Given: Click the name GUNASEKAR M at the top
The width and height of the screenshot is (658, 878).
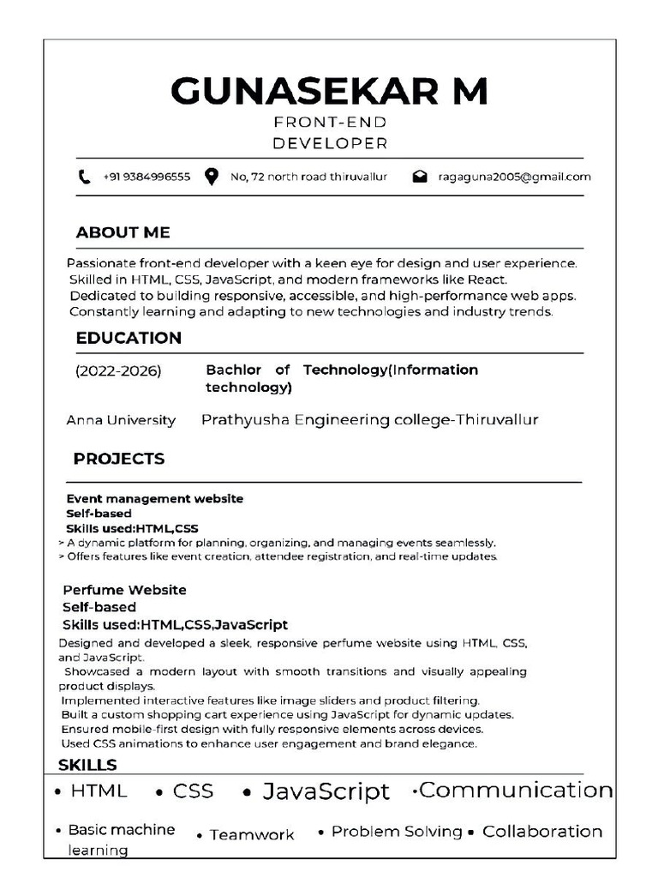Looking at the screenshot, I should [x=329, y=91].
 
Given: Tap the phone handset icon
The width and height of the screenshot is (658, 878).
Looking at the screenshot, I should [x=84, y=177].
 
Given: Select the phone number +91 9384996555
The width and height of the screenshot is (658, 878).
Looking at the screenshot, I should [x=146, y=177].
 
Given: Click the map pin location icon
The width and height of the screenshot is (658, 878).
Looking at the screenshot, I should [x=211, y=177].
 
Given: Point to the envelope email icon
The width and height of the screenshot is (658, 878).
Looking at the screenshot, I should [x=420, y=177].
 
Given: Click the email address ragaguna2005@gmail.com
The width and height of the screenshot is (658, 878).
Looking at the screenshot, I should [x=514, y=177].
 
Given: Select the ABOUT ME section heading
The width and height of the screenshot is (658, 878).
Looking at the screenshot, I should [x=123, y=232].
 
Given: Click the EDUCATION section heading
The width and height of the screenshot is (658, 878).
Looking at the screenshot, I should [x=129, y=338].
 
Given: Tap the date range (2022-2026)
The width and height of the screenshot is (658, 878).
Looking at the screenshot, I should [x=118, y=370].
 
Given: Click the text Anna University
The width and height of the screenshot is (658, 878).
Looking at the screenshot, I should [x=121, y=420].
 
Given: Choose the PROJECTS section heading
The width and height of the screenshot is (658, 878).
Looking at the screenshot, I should [x=119, y=459].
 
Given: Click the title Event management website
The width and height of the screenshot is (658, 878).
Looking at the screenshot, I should [x=155, y=498].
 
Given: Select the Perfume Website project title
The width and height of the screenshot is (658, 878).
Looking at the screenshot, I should [x=125, y=590].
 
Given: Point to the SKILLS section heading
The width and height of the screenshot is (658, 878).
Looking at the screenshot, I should [x=87, y=765].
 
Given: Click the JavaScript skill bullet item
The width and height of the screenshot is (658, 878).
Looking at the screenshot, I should [x=325, y=791].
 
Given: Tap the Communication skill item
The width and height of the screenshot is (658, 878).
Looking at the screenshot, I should [x=515, y=790].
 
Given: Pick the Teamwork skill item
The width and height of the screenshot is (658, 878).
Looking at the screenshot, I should [x=251, y=834].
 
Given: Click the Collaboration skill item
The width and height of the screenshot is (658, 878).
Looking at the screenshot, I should [x=541, y=832].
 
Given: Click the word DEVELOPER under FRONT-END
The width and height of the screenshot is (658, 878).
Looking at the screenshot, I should [x=330, y=143].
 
